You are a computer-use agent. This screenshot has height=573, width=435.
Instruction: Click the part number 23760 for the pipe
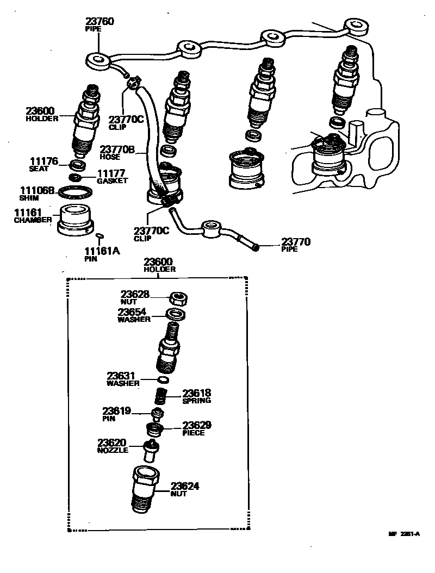pyautogui.click(x=100, y=22)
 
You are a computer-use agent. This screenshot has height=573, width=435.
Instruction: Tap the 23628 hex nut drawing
pyautogui.click(x=178, y=298)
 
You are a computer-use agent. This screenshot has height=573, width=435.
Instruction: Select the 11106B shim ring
pyautogui.click(x=75, y=192)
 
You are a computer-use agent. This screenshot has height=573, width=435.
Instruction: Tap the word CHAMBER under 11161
pyautogui.click(x=33, y=220)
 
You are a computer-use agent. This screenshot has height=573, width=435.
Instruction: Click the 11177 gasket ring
pyautogui.click(x=76, y=178)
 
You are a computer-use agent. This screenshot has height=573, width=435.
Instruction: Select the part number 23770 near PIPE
pyautogui.click(x=295, y=241)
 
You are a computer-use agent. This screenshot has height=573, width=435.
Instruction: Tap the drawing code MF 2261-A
pyautogui.click(x=403, y=534)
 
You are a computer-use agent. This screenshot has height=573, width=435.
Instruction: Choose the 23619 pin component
pyautogui.click(x=157, y=414)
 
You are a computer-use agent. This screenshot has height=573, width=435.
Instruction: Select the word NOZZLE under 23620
pyautogui.click(x=113, y=450)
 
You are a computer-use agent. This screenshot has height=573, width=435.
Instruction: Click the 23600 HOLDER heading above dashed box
pyautogui.click(x=159, y=265)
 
